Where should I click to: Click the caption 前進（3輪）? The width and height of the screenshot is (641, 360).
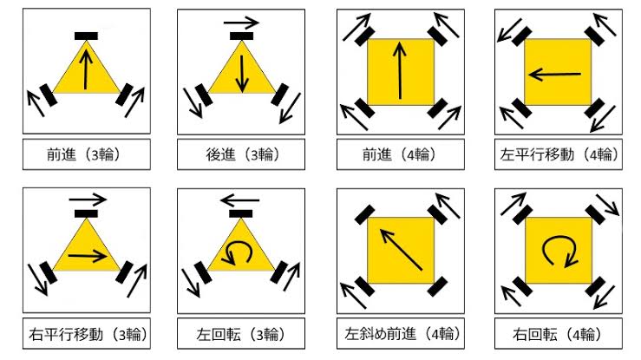pos(85,154)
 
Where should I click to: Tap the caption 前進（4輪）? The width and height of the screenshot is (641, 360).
pos(400,154)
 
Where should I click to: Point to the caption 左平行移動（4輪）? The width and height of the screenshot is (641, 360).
pos(559,154)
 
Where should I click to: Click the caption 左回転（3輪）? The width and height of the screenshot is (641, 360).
pos(241,334)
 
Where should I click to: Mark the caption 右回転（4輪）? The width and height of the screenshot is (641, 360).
pos(558,334)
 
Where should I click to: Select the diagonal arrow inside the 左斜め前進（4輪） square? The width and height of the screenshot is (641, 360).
pos(401,249)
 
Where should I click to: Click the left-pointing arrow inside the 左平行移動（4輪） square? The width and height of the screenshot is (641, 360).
pos(554,75)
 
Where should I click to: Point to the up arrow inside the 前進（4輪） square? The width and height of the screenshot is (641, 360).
pos(400,70)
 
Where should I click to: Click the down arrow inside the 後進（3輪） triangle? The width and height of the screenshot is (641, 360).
pos(242,74)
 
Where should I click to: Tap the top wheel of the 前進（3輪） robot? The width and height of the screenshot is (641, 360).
pos(86,36)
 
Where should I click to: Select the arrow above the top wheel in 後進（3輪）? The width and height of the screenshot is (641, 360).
pos(241,23)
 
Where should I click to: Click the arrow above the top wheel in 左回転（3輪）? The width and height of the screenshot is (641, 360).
pos(239,200)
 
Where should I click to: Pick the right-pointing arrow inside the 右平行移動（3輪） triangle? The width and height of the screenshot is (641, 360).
pos(88,256)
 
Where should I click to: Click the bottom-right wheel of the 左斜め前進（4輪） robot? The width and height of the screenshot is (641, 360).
pos(437,286)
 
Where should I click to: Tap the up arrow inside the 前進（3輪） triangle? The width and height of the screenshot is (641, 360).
pos(86,69)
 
